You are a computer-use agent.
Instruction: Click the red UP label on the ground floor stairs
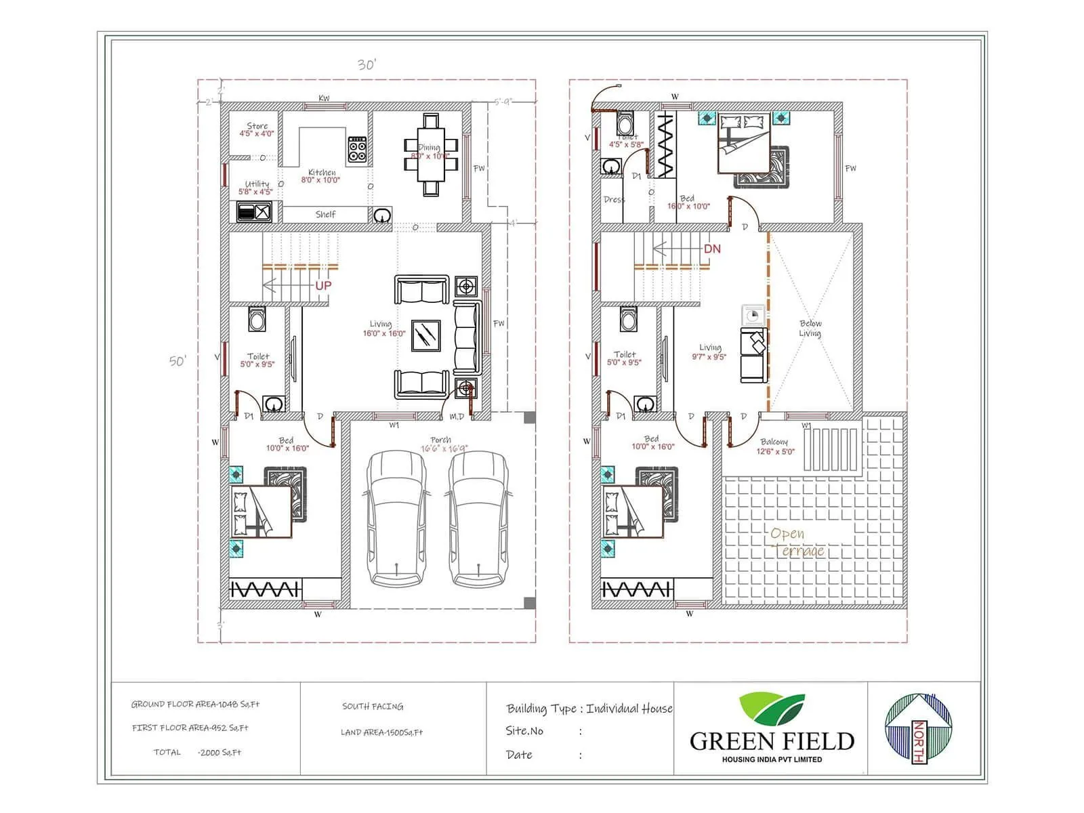[323, 285]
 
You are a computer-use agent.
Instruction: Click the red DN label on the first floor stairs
[712, 249]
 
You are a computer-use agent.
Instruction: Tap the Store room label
[257, 126]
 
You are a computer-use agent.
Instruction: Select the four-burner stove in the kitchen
[357, 150]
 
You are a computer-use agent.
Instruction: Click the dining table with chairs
[431, 154]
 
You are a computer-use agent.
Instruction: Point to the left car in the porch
[398, 518]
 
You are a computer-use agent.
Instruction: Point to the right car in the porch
[478, 518]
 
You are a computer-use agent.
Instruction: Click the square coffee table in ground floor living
[425, 335]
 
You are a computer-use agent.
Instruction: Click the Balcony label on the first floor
[774, 442]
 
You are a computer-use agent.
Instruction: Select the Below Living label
[810, 328]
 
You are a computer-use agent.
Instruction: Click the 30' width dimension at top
[367, 65]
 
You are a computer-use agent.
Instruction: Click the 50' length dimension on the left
[177, 361]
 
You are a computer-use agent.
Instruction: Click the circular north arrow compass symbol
[918, 728]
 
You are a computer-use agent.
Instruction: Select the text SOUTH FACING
[373, 707]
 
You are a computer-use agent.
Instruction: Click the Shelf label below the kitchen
[325, 214]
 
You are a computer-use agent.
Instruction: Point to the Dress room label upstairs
[614, 200]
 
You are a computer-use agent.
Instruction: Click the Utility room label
[257, 184]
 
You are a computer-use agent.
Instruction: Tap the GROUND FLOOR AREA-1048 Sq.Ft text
[195, 705]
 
